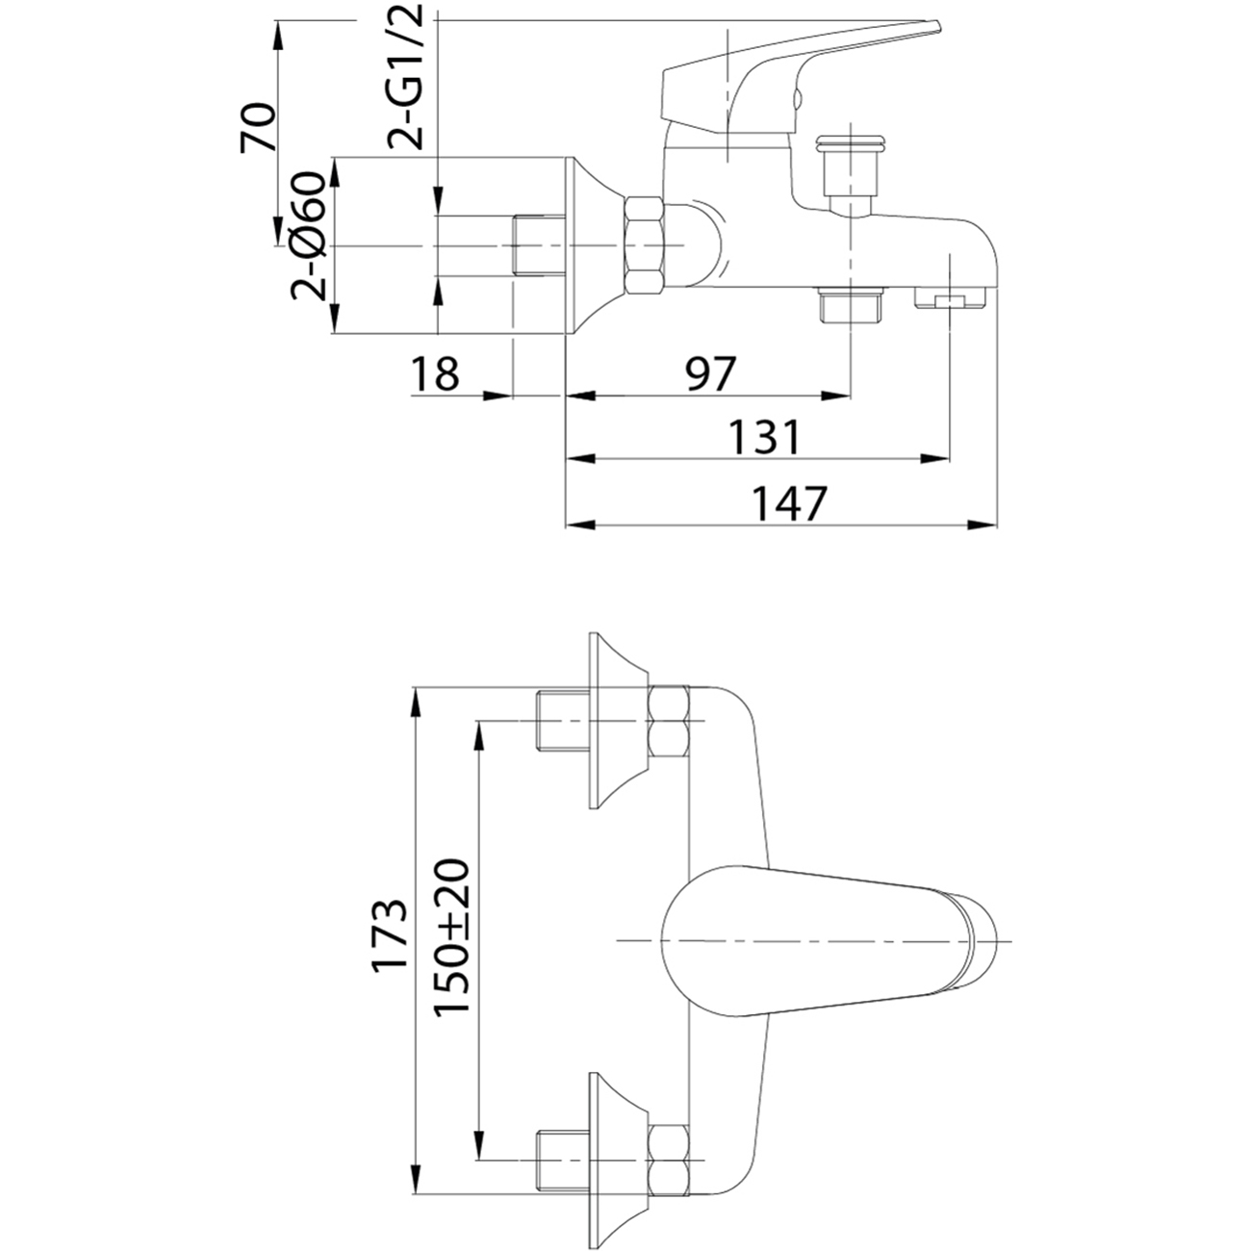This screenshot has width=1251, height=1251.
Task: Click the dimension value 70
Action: coord(258,127)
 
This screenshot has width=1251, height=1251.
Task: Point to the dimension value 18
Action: coord(435,373)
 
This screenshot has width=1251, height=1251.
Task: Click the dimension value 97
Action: coord(711,373)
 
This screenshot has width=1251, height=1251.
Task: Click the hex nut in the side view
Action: coord(644,245)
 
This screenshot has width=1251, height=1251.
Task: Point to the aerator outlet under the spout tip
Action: coord(950,298)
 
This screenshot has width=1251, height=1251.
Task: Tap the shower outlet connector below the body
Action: coord(851,304)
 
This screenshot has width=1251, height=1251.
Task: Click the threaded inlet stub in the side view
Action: coord(538,245)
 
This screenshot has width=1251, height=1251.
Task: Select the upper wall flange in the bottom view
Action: coord(618,722)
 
